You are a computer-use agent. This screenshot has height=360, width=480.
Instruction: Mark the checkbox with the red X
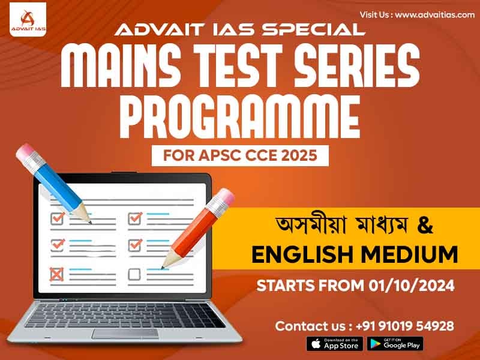(57, 274)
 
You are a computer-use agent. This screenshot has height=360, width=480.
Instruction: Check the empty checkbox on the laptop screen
(134, 274)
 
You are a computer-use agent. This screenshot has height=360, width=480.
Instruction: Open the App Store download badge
(334, 344)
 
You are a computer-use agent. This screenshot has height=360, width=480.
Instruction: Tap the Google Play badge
(395, 344)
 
